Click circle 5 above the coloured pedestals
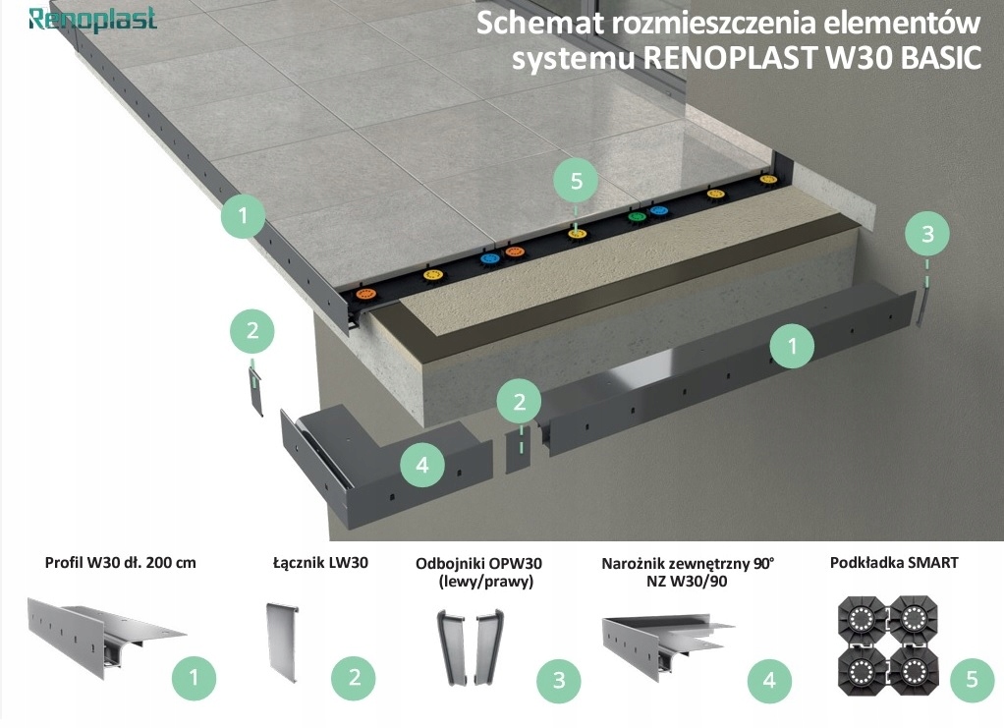click(x=576, y=182)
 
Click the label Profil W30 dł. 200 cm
click(x=120, y=563)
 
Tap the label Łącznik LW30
click(x=319, y=563)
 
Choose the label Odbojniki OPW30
click(x=478, y=563)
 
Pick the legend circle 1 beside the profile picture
click(x=194, y=677)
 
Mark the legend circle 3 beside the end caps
click(x=558, y=679)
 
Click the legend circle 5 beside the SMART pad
click(x=972, y=679)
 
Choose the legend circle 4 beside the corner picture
click(x=769, y=679)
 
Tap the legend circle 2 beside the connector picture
click(x=354, y=677)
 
